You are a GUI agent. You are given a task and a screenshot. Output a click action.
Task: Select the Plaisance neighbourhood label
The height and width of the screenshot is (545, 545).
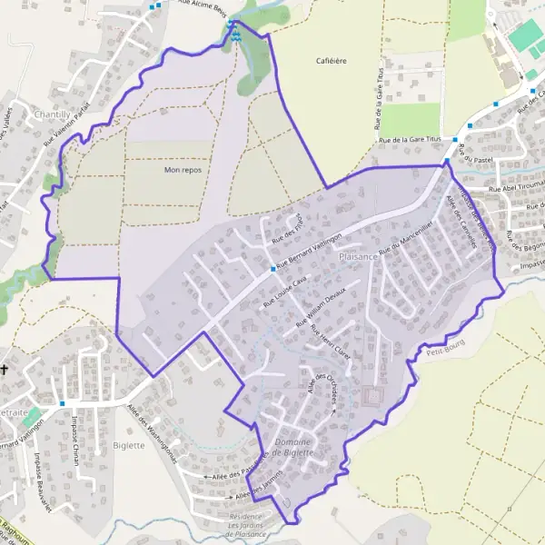point(358,257)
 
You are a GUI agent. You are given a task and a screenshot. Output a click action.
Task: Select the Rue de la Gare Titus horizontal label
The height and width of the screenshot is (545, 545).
point(414,139)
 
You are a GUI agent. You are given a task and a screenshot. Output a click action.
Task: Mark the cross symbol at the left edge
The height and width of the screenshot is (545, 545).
point(5,370)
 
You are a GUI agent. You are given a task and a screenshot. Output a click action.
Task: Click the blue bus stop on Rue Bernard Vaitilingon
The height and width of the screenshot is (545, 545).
point(272,269)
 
